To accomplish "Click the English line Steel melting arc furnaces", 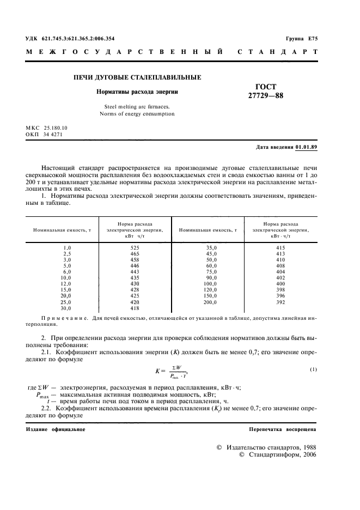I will tap(137, 107).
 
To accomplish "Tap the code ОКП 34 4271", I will tap(46, 133).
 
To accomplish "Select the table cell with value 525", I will tap(135, 247).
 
